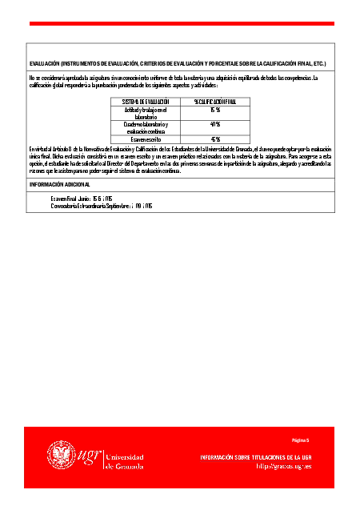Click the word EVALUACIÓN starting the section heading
point(44,62)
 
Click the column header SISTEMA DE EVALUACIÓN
point(146,102)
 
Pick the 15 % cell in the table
point(214,110)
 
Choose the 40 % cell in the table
point(214,124)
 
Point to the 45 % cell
point(214,139)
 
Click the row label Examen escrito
point(146,139)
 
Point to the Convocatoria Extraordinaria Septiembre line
point(102,206)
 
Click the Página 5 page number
point(300,440)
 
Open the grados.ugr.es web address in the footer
point(284,465)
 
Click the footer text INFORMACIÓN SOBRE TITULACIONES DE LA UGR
point(256,456)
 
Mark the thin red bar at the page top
point(180,23)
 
